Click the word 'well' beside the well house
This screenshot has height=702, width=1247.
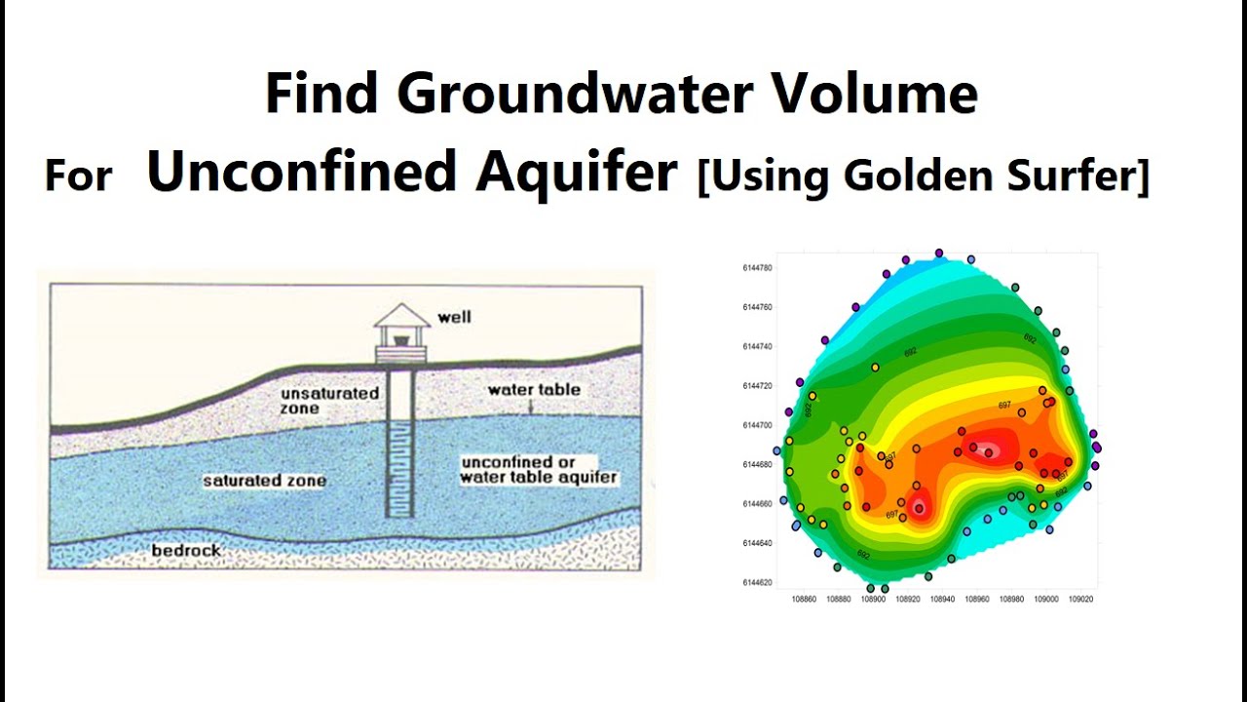454,317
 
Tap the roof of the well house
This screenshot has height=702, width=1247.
401,316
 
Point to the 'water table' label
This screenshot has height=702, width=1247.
534,390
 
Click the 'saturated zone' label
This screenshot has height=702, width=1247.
264,481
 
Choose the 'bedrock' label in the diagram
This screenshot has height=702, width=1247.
186,551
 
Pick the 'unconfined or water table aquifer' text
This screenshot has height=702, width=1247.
538,470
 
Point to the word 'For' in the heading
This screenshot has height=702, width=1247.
78,177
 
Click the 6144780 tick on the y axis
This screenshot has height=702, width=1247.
757,267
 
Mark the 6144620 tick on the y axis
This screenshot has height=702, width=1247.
757,582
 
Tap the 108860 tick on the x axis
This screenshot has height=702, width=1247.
804,600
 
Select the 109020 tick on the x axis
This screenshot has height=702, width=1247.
1080,600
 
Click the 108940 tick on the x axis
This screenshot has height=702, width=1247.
942,600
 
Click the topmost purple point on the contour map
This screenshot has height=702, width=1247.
939,253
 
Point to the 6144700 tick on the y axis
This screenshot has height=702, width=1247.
757,425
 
